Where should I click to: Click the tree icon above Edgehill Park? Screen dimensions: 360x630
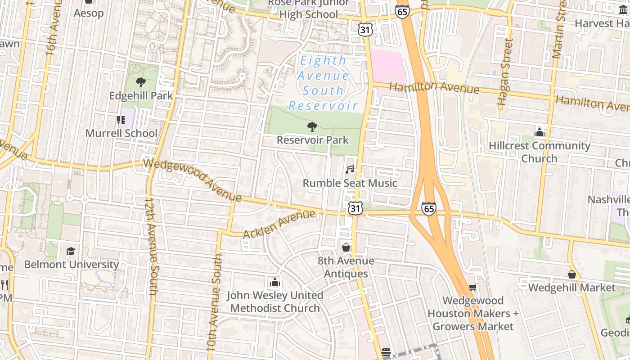coord(140,82)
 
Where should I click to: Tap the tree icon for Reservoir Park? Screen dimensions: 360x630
coord(311,127)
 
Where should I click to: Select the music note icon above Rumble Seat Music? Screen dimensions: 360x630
coord(350,170)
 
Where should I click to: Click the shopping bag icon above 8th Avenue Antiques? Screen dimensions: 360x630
coord(346,247)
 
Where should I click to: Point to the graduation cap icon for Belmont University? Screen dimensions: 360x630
coord(71,251)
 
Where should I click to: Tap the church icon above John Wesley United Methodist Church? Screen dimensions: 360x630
coord(274,282)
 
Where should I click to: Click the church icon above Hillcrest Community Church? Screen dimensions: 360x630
coord(539,132)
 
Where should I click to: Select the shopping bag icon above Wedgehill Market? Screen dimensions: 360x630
coord(571,274)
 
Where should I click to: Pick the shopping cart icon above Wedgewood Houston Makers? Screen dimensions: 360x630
coord(472,287)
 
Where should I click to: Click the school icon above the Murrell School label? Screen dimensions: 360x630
coord(121,120)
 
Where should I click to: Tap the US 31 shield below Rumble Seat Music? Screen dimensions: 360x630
coord(355,208)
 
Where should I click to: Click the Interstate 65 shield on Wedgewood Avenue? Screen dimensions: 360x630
coord(428,209)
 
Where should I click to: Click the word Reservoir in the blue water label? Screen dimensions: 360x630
coord(323,106)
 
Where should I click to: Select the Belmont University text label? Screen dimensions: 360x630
coord(71,264)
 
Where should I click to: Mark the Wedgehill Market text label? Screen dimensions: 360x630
coord(571,287)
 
